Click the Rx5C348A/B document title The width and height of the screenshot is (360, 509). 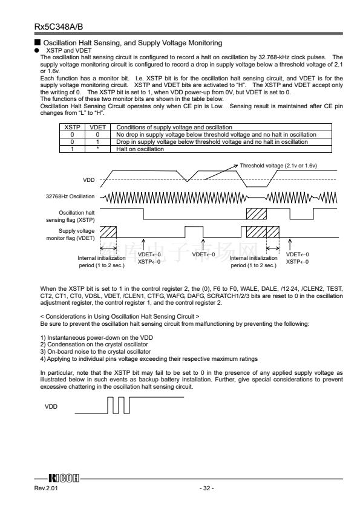point(59,27)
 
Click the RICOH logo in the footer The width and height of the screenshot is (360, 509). point(64,478)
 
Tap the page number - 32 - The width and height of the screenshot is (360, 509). point(207,488)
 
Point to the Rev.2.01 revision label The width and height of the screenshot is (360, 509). point(46,488)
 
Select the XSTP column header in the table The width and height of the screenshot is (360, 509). point(72,127)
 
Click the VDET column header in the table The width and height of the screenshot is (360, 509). point(97,127)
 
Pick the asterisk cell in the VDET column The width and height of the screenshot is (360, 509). point(97,149)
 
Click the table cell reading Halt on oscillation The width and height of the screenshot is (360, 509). point(140,149)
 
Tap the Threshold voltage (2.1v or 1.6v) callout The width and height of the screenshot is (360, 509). point(278,166)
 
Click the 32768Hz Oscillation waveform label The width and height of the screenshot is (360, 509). point(70,196)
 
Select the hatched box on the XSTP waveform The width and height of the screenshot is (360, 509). point(257,213)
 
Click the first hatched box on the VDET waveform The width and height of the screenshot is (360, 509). point(108,232)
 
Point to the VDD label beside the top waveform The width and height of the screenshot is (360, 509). point(89,180)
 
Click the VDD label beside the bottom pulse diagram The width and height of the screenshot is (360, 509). point(51,406)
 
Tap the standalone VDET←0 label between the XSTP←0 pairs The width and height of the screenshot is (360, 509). point(203,254)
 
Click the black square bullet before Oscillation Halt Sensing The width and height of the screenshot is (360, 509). point(38,42)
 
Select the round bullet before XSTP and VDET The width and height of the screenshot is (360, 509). point(37,50)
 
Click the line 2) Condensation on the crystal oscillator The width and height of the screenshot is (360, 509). point(94,345)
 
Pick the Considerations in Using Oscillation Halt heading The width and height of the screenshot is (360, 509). point(120,317)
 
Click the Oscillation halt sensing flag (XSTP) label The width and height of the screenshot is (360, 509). point(71,216)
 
